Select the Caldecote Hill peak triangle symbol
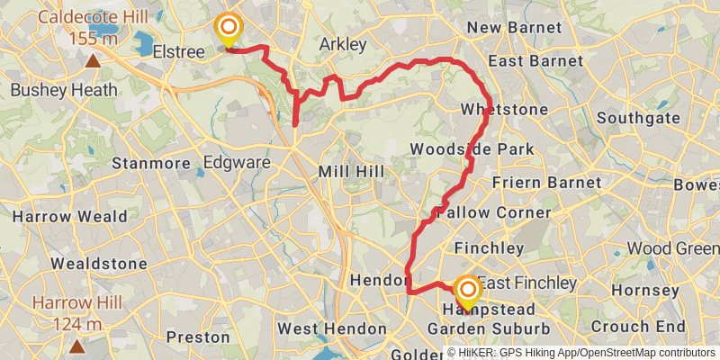[93, 61]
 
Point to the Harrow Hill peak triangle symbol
[77, 345]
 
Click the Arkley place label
[343, 45]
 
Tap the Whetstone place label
[503, 110]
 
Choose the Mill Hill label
[351, 171]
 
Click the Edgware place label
[237, 163]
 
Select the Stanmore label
[152, 164]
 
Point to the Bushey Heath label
[64, 90]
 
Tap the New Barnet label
[514, 28]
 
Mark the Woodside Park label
[483, 149]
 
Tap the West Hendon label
[331, 329]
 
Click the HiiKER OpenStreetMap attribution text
[580, 353]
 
